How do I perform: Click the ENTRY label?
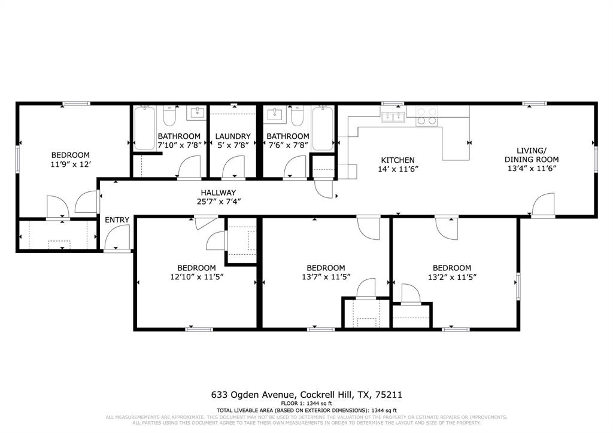117,220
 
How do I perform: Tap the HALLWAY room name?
218,192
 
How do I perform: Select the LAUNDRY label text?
232,136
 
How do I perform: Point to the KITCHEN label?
398,160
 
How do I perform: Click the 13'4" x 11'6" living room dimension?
532,169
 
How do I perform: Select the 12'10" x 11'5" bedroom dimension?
196,277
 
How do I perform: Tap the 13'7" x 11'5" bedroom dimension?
326,277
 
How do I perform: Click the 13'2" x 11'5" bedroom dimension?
452,277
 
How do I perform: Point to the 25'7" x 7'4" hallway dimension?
218,202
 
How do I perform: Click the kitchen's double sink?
393,116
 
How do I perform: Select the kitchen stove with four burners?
426,115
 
